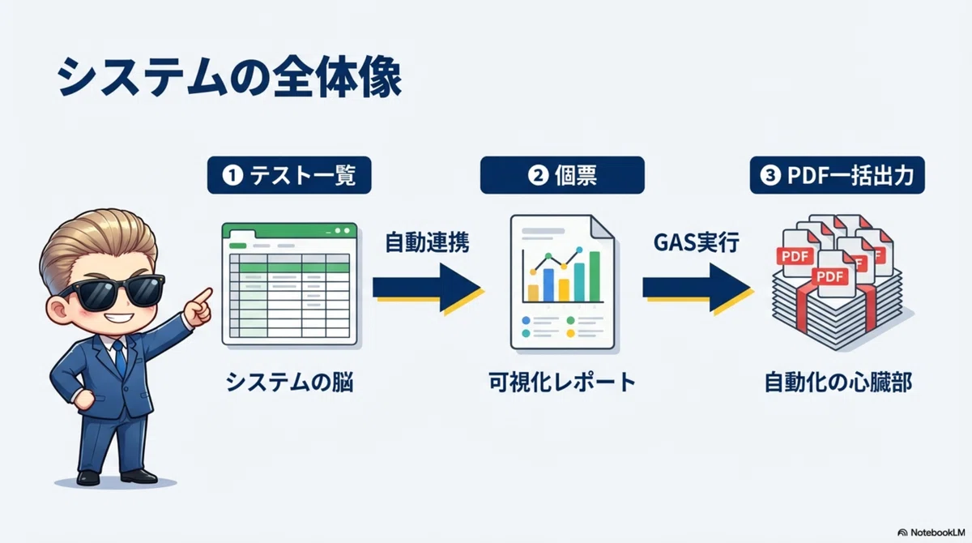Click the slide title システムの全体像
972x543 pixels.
[x=229, y=77]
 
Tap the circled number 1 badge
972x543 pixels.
[x=232, y=175]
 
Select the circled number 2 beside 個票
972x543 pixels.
[x=538, y=175]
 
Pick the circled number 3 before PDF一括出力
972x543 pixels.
[x=770, y=175]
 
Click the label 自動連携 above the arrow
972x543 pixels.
[x=428, y=242]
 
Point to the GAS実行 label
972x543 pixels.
[x=697, y=242]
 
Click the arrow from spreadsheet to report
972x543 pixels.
[x=428, y=288]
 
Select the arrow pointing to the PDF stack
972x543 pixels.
[x=697, y=288]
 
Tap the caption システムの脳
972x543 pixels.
[x=289, y=383]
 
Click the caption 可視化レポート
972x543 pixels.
[x=562, y=383]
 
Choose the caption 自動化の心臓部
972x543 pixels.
[x=838, y=383]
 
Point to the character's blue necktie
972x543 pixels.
[x=120, y=357]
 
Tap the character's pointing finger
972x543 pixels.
[x=202, y=297]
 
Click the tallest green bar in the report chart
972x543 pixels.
[x=595, y=276]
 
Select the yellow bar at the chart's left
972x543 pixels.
[x=533, y=293]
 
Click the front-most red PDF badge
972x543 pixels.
[x=830, y=276]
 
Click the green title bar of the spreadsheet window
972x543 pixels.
[x=289, y=231]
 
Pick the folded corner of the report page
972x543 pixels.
[x=603, y=228]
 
